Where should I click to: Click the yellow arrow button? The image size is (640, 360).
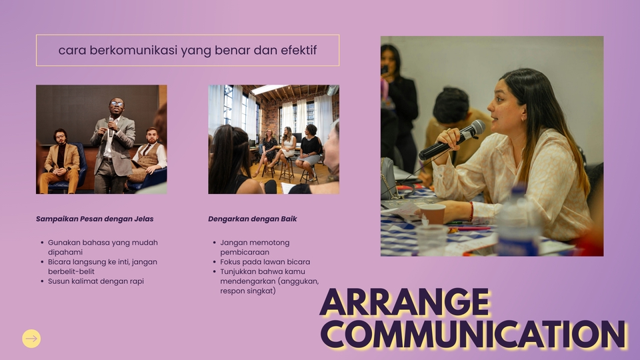(x=31, y=339)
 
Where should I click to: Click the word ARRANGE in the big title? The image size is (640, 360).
(x=405, y=302)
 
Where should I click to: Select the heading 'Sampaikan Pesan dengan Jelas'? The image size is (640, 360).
(x=95, y=219)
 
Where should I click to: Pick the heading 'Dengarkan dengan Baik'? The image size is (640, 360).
(x=252, y=219)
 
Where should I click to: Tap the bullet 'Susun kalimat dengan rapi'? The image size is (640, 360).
(x=96, y=281)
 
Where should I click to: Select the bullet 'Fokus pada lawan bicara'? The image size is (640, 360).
(x=265, y=262)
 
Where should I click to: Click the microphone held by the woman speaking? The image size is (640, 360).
(x=452, y=139)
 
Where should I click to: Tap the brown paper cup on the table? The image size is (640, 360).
(x=432, y=214)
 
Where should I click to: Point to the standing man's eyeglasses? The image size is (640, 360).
(x=117, y=104)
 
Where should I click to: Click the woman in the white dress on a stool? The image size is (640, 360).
(x=286, y=149)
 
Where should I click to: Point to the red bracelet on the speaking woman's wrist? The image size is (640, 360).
(x=471, y=211)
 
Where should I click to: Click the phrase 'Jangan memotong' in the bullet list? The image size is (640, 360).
(x=255, y=243)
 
